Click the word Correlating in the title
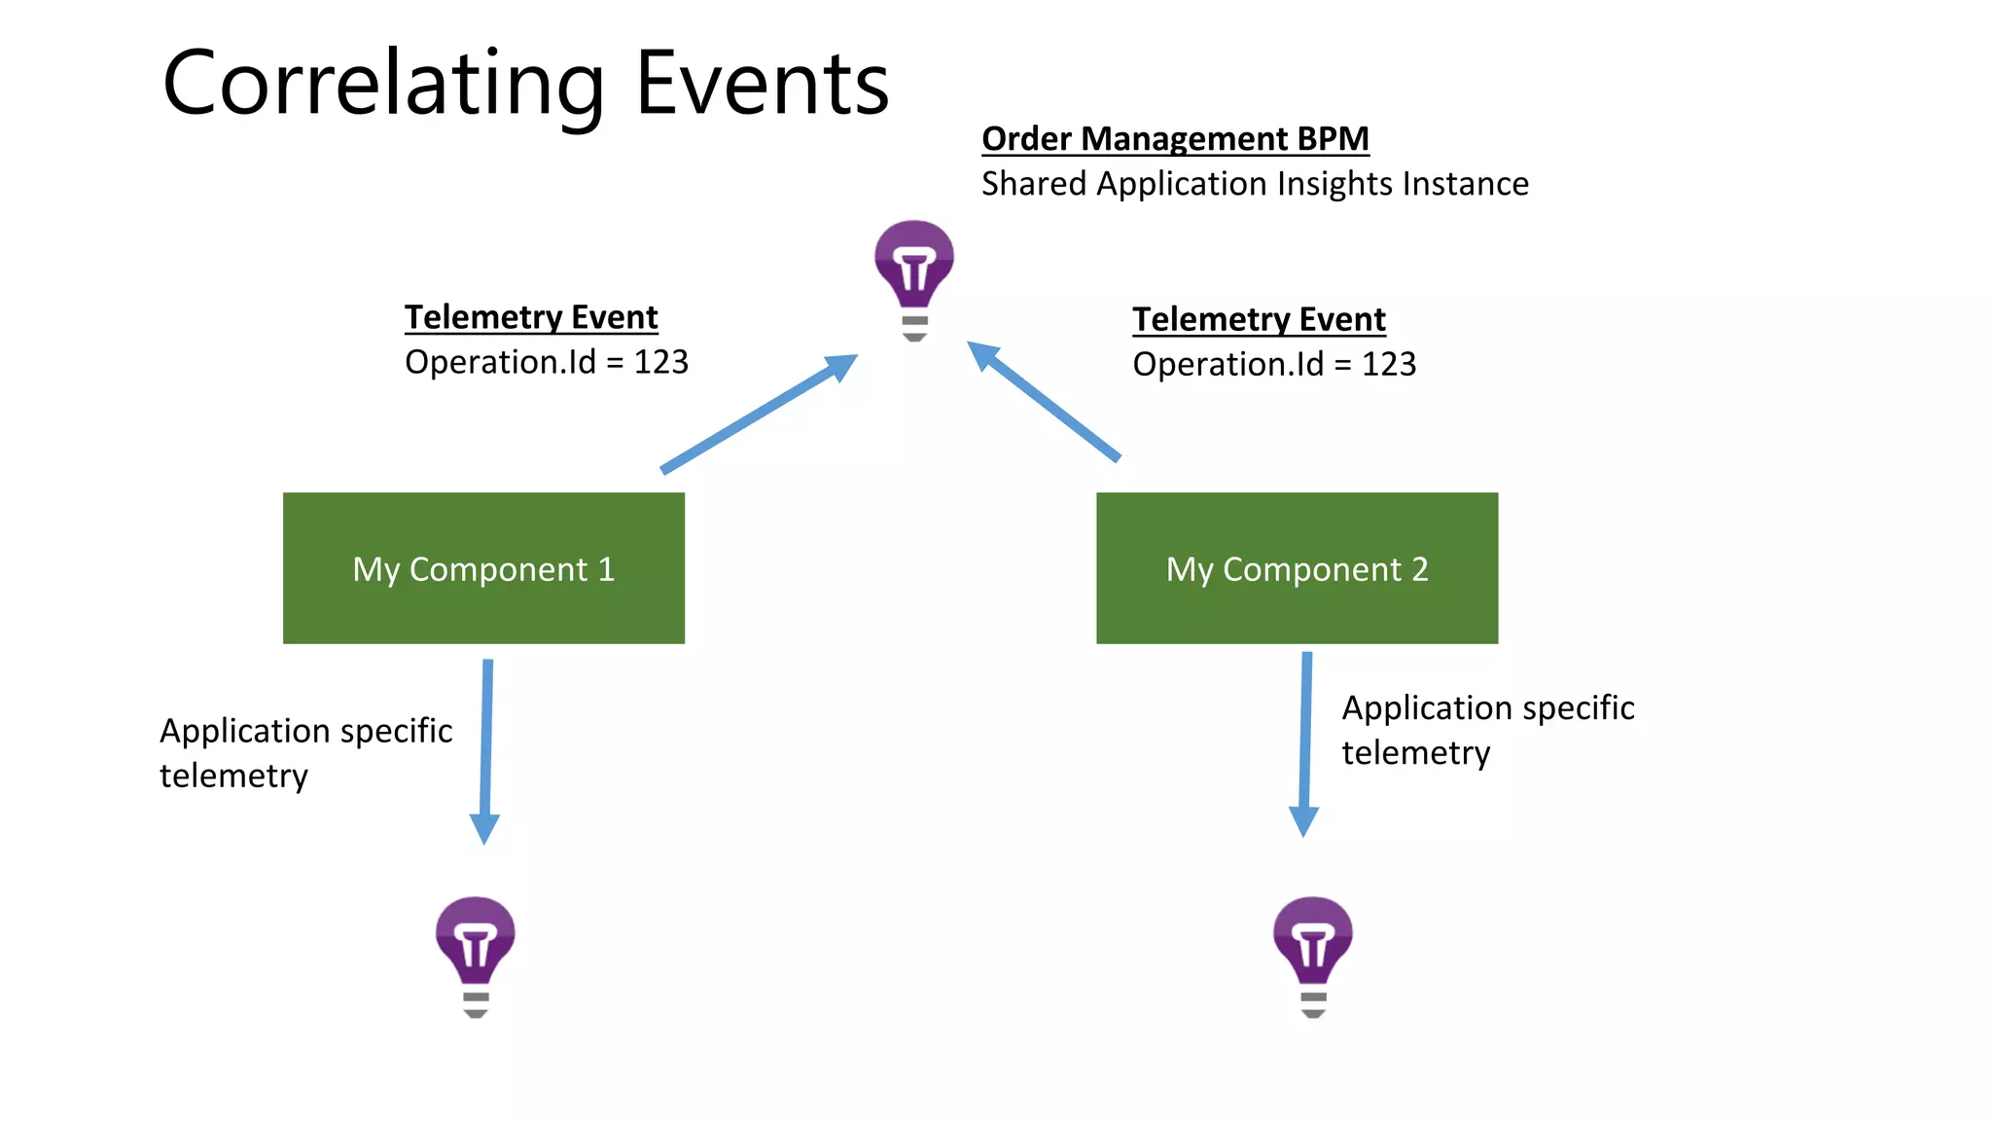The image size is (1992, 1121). coord(384,86)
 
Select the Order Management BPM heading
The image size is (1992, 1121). coord(1174,139)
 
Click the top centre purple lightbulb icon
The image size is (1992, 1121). coord(913,277)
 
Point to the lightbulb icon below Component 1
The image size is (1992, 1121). coord(475,954)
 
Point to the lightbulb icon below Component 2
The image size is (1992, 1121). coord(1312,954)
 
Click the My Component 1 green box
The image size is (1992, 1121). coord(483,568)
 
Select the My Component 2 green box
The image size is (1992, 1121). coord(1297,568)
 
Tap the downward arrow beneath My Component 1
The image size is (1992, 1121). coord(486,749)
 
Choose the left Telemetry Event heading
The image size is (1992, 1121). coord(531,317)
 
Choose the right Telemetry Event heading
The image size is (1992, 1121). coord(1259,319)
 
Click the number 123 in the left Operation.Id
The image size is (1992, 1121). coord(661,362)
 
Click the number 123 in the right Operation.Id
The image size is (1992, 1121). coord(1389,364)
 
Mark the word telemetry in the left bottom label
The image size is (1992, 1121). coord(233,777)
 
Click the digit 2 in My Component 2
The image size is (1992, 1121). coord(1419,569)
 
